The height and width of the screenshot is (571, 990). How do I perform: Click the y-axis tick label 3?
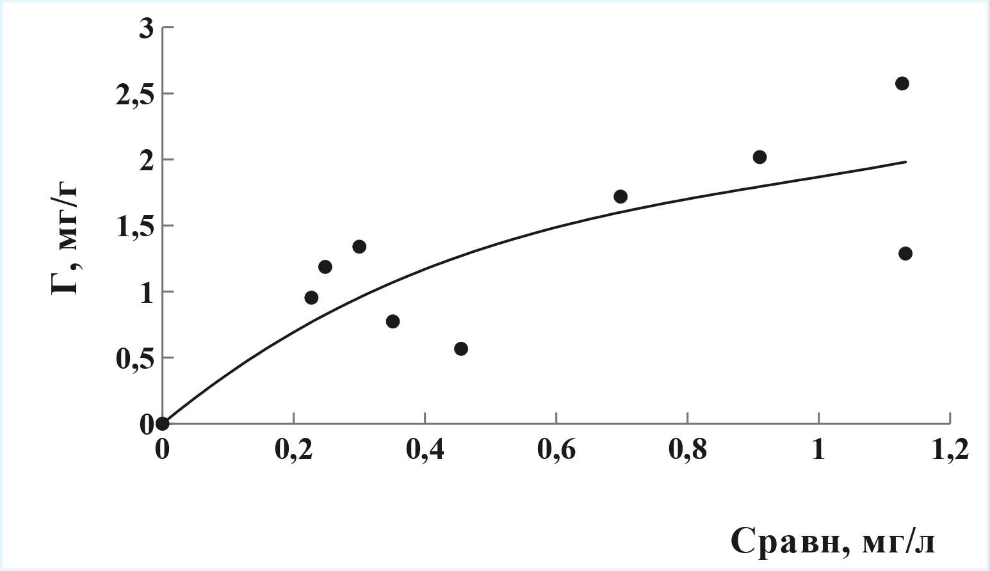147,29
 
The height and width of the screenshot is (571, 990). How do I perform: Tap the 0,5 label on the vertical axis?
135,359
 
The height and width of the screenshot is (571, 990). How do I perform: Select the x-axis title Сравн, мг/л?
832,541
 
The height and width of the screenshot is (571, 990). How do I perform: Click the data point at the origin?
163,424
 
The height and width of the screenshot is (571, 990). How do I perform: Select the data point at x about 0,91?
760,157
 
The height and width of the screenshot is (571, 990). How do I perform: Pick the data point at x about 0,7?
621,197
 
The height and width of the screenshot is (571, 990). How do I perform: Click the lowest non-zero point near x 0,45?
461,349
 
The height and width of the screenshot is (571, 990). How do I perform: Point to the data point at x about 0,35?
393,321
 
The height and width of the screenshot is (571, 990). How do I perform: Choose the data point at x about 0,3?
359,246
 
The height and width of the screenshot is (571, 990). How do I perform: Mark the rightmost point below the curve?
905,253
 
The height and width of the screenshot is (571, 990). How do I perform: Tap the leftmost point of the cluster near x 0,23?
312,298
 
